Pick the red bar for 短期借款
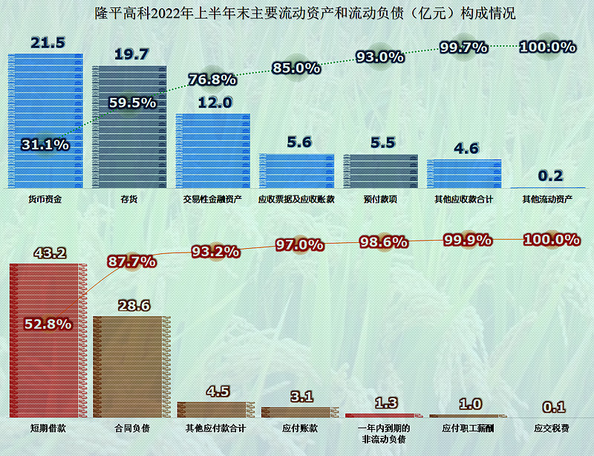[x=45, y=342]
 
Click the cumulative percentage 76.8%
[x=212, y=79]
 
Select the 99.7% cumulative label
[x=464, y=47]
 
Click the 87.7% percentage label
[x=131, y=261]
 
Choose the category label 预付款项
[x=379, y=199]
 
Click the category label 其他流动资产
[x=547, y=199]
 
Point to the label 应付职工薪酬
[x=463, y=429]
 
